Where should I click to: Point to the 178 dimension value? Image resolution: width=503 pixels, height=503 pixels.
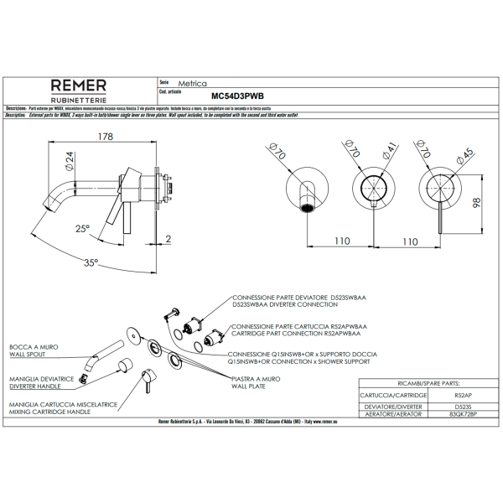click(x=105, y=137)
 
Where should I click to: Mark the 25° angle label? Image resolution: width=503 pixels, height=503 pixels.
click(x=81, y=228)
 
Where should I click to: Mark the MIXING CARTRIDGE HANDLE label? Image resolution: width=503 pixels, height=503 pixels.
click(x=49, y=412)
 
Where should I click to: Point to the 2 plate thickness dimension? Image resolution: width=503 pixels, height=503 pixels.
click(x=168, y=240)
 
